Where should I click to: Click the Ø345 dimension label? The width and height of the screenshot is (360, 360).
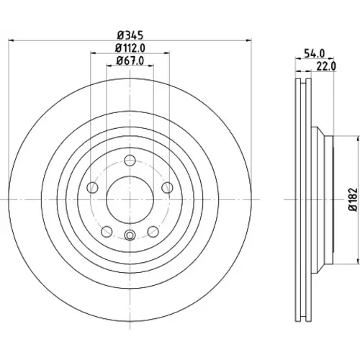pos(130,35)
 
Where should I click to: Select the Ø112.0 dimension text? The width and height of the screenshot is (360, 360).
pos(130,48)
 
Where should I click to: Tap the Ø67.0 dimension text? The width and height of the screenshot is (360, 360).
pos(130,60)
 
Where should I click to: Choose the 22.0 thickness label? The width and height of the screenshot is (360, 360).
pos(326,66)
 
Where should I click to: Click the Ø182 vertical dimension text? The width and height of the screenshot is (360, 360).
pos(353,199)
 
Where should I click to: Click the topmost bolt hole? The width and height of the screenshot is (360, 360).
pos(130,161)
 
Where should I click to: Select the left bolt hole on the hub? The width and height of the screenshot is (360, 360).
pos(92,187)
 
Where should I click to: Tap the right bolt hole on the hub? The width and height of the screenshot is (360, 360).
pos(167,187)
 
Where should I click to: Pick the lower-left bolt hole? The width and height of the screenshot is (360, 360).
pos(107,232)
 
